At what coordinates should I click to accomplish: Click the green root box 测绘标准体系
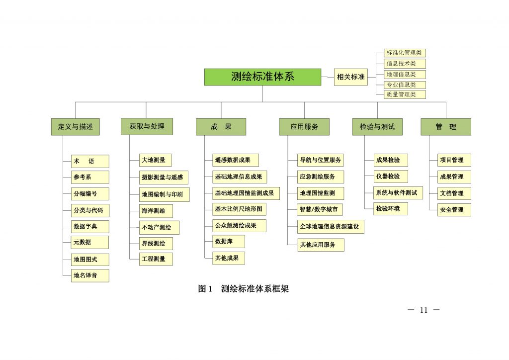click(262, 77)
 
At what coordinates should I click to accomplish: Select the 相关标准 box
click(351, 77)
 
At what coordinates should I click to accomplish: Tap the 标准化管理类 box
click(405, 53)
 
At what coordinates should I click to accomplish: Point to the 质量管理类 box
click(405, 94)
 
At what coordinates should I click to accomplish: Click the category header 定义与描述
click(76, 127)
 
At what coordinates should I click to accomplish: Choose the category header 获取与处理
click(147, 126)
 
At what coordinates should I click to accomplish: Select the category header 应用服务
click(304, 127)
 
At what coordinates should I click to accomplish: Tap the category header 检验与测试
click(377, 127)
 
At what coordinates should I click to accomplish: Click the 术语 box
click(90, 161)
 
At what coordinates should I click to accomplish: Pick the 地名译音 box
click(90, 275)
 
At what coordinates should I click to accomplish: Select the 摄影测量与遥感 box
click(164, 177)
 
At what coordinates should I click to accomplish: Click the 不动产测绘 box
click(159, 228)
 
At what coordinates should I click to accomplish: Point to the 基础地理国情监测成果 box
click(246, 193)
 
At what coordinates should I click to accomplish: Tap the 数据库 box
click(228, 242)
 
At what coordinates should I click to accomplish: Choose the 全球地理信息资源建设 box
click(331, 227)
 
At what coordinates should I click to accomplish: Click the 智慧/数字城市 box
click(320, 209)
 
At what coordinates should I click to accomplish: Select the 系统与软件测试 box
click(398, 193)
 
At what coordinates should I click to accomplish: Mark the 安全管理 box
click(454, 210)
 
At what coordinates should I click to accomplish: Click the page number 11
click(424, 310)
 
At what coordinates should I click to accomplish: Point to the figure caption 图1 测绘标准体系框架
click(244, 288)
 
